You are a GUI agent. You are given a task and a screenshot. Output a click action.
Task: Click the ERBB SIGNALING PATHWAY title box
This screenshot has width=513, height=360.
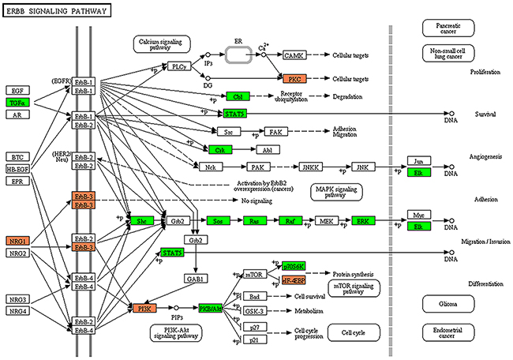(x=55, y=10)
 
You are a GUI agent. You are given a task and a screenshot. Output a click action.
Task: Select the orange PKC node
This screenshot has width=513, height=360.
(x=294, y=79)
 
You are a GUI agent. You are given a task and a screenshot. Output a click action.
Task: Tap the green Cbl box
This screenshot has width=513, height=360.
(x=237, y=96)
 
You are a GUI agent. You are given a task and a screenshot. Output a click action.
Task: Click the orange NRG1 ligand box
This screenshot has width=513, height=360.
(x=17, y=239)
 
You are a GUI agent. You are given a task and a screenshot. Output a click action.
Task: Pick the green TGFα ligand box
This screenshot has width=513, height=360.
(x=17, y=103)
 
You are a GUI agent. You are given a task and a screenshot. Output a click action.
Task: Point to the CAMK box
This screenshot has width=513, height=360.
(x=294, y=55)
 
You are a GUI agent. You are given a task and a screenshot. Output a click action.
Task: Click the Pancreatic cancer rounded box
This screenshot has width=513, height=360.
(x=443, y=28)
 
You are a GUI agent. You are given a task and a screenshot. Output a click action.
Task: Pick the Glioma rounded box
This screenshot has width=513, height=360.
(x=443, y=303)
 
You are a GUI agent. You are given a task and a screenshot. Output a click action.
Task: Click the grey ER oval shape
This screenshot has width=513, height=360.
(x=237, y=55)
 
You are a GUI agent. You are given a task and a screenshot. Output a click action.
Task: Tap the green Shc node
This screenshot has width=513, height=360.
(x=142, y=220)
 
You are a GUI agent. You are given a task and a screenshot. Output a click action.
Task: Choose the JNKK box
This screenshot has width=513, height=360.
(x=310, y=167)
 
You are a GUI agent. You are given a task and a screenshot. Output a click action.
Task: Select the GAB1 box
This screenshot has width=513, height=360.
(x=195, y=279)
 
